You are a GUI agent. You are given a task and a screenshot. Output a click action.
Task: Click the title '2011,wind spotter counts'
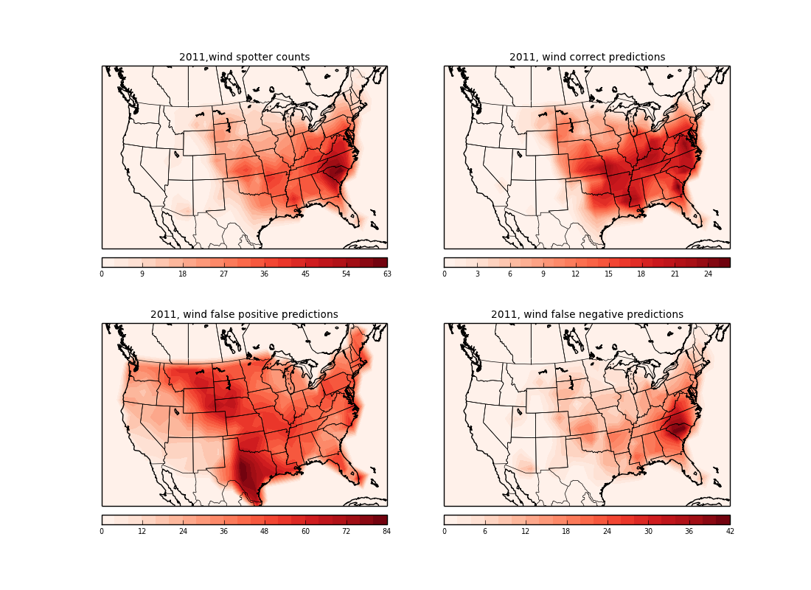[x=244, y=58]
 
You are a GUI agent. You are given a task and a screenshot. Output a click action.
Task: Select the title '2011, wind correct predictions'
[x=587, y=58]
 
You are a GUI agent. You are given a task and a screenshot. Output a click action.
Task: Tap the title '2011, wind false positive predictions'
[x=244, y=315]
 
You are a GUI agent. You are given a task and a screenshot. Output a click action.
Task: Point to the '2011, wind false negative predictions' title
[x=587, y=315]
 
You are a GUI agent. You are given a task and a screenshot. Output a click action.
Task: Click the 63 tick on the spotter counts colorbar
[x=386, y=274]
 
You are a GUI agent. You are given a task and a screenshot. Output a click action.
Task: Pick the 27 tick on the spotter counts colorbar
[x=223, y=274]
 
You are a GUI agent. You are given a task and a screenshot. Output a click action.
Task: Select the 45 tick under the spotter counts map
[x=305, y=274]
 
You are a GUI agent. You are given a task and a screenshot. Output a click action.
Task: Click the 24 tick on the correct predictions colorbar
[x=708, y=274]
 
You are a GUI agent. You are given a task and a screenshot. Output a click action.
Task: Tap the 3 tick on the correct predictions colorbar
[x=477, y=274]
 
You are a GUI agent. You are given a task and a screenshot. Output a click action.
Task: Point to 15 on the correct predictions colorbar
[x=609, y=274]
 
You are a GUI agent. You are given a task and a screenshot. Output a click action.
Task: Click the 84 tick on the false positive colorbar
[x=386, y=532]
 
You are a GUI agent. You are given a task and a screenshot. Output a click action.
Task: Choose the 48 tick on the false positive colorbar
[x=264, y=532]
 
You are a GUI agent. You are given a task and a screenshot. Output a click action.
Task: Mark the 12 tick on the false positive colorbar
[x=142, y=532]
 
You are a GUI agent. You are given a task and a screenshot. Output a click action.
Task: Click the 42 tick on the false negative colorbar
[x=729, y=532]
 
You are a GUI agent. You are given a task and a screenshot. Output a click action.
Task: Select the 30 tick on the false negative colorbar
[x=648, y=532]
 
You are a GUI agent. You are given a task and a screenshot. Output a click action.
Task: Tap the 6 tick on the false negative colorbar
[x=484, y=532]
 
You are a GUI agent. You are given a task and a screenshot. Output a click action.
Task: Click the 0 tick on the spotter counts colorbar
[x=102, y=274]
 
